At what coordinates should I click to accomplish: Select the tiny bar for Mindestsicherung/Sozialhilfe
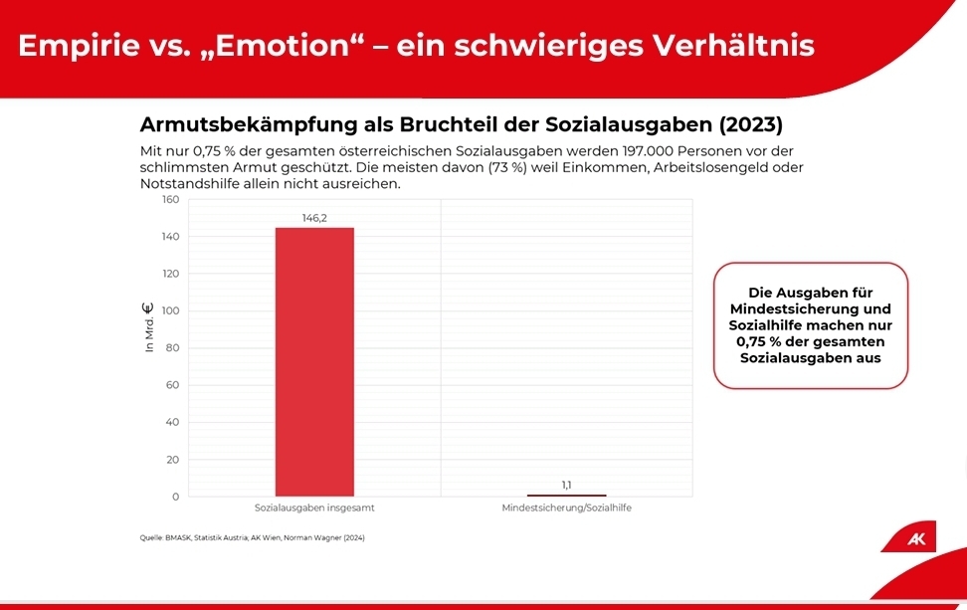pyautogui.click(x=566, y=495)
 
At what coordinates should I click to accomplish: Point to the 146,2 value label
pyautogui.click(x=314, y=218)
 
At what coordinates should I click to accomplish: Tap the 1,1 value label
pyautogui.click(x=566, y=485)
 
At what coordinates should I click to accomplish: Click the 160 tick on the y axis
pyautogui.click(x=170, y=199)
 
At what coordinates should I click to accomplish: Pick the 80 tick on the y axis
pyautogui.click(x=172, y=347)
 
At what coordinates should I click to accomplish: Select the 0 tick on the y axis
pyautogui.click(x=175, y=497)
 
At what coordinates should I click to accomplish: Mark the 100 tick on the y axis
pyautogui.click(x=170, y=310)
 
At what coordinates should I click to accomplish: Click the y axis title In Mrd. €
pyautogui.click(x=149, y=328)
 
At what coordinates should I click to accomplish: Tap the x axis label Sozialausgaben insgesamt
pyautogui.click(x=314, y=508)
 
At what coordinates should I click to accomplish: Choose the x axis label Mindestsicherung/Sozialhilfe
pyautogui.click(x=566, y=508)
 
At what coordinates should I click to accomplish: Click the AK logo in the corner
pyautogui.click(x=916, y=539)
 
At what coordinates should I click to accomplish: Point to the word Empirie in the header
pyautogui.click(x=76, y=46)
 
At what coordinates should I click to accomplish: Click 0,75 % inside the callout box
pyautogui.click(x=760, y=341)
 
